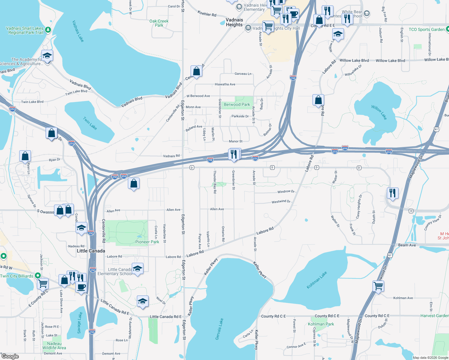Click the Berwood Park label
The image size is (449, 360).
click(x=237, y=104)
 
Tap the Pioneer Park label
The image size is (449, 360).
click(x=147, y=242)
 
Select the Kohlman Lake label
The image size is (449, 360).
click(x=317, y=280)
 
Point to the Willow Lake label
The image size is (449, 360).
click(x=379, y=112)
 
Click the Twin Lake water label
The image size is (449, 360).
click(x=90, y=123)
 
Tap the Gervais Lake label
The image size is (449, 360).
click(x=219, y=329)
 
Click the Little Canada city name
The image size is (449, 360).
click(x=91, y=251)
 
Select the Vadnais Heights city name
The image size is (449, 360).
click(x=234, y=22)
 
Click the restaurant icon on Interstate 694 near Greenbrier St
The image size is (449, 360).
click(x=234, y=154)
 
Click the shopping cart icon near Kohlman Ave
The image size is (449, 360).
click(x=378, y=286)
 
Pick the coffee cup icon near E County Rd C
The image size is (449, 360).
click(x=81, y=287)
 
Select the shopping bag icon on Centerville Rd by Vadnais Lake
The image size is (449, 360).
click(x=196, y=71)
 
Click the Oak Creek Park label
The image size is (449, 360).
click(x=159, y=23)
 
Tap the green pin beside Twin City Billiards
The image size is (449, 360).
click(x=38, y=275)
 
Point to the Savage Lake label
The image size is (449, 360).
click(x=80, y=322)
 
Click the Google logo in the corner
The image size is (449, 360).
click(x=10, y=356)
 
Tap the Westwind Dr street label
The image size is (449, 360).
click(x=281, y=202)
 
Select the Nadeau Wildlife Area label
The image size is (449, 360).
click(x=54, y=346)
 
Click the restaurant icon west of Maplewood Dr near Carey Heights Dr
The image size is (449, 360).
click(x=392, y=193)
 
